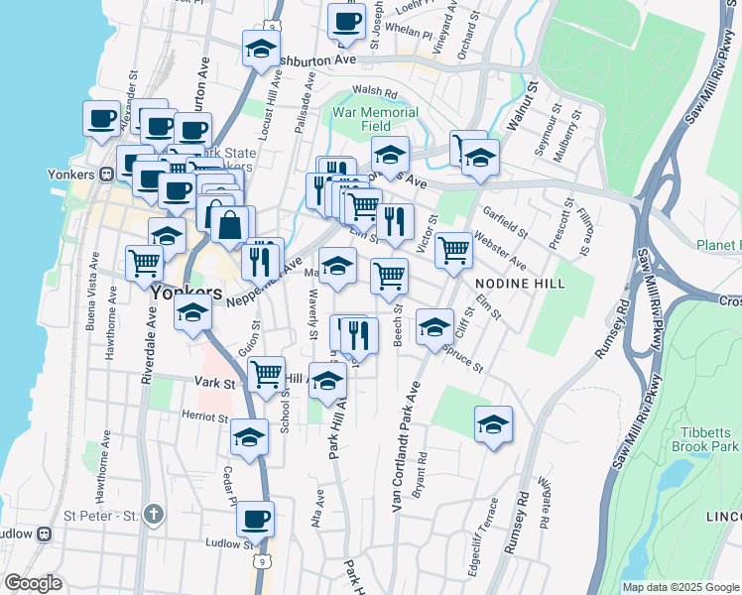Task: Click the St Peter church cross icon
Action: (152, 514)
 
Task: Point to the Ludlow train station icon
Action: (44, 534)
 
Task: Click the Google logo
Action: (32, 583)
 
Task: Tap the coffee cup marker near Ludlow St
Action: (255, 518)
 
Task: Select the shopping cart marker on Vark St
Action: (265, 375)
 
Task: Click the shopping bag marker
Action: (229, 223)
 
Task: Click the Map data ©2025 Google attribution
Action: (680, 587)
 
